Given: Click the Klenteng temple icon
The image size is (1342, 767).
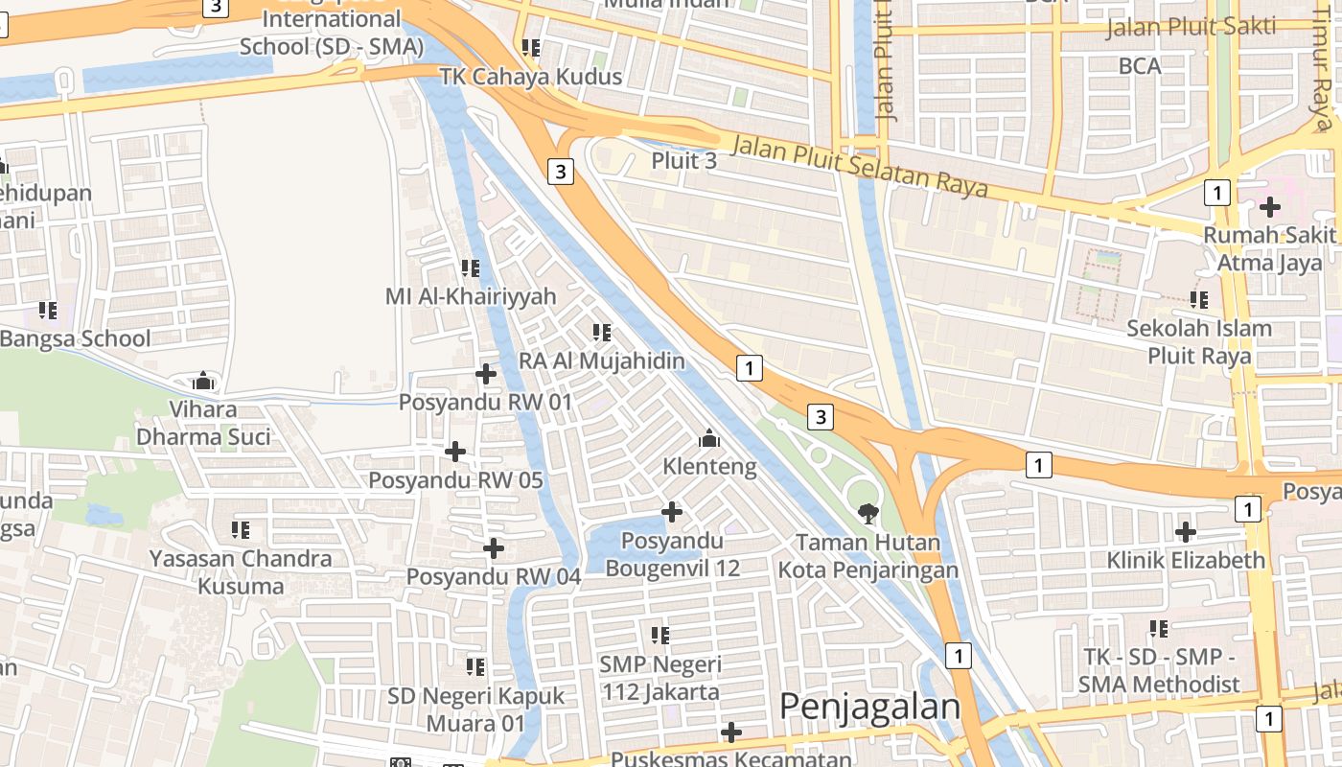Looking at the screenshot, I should click(709, 438).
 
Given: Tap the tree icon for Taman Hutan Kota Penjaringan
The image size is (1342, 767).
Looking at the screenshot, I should click(868, 513).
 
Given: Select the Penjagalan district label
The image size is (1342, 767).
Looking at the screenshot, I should click(869, 707).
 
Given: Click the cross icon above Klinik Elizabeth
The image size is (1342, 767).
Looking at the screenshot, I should click(1186, 531).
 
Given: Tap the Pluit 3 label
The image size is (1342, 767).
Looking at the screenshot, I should click(683, 160).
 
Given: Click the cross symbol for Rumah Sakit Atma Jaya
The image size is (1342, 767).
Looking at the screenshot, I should click(1270, 206).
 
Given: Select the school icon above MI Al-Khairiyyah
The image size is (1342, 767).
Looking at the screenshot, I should click(470, 267).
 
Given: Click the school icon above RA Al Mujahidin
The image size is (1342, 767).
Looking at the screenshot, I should click(602, 333).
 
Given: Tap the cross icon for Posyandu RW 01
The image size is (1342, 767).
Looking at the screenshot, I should click(486, 373).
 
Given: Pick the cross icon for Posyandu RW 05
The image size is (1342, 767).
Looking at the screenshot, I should click(455, 451).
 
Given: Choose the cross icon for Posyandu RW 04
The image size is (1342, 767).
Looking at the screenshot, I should click(494, 548).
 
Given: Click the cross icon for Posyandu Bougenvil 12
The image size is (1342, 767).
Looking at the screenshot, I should click(673, 512).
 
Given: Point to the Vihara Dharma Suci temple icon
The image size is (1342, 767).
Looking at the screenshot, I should click(202, 381).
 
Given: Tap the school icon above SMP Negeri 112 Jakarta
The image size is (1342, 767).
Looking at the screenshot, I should click(659, 635).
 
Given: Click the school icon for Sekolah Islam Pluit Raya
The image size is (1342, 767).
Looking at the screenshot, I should click(1199, 299).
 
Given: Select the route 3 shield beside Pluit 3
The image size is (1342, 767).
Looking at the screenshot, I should click(561, 172).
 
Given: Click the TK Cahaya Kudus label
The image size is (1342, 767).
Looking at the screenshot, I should click(531, 77).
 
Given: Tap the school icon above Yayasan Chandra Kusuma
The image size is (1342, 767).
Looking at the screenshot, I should click(241, 529).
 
